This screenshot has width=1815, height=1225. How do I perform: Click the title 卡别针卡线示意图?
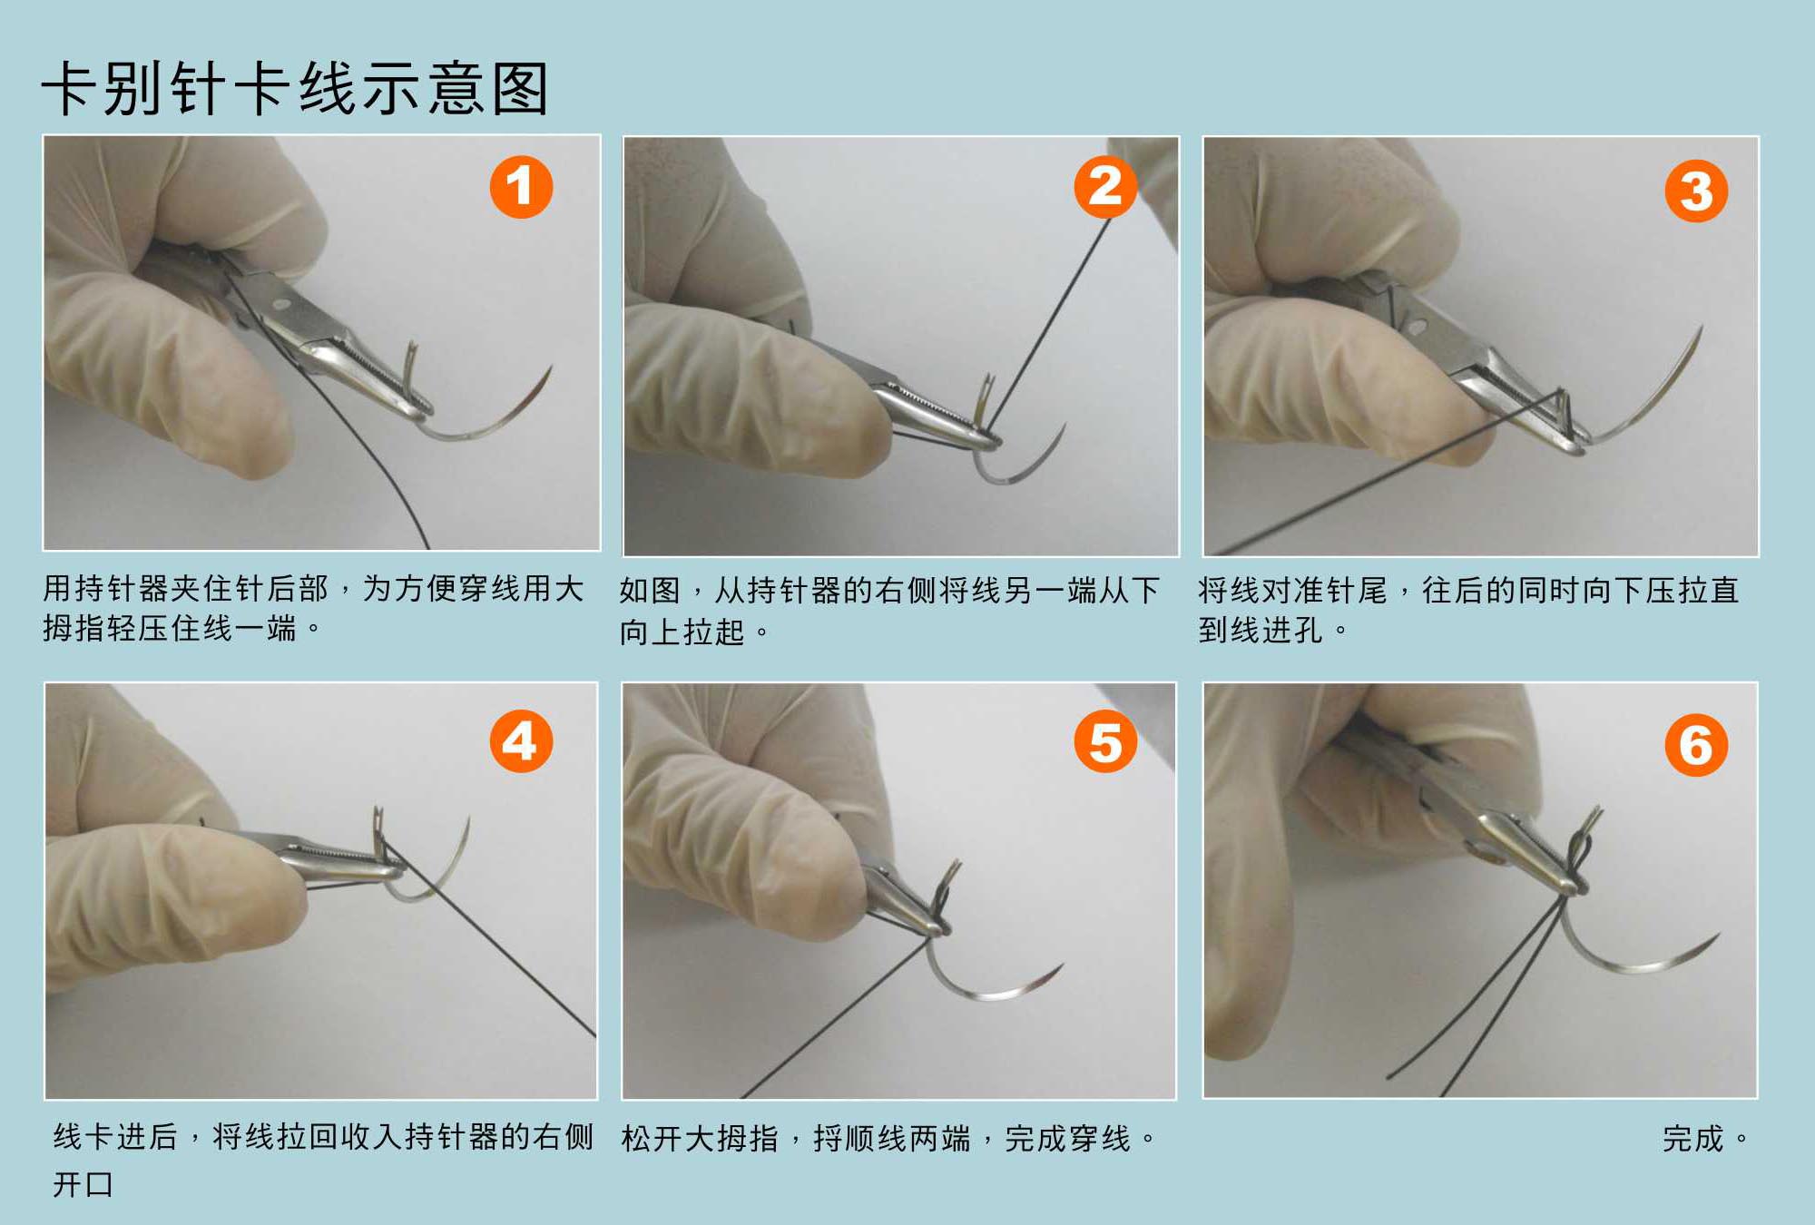[x=295, y=89]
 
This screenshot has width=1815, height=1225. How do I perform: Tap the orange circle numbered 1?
[x=521, y=187]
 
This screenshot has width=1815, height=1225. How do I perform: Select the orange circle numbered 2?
[x=1105, y=187]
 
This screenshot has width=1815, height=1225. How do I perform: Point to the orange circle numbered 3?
[x=1696, y=191]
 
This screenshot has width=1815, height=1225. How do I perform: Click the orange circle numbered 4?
[x=521, y=741]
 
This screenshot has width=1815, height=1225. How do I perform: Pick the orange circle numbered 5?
[x=1105, y=741]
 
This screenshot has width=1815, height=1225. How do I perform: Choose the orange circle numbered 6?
[x=1696, y=745]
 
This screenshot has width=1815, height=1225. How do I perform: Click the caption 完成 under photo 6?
[x=1693, y=1138]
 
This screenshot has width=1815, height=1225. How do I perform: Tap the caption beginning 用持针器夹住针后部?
[x=313, y=608]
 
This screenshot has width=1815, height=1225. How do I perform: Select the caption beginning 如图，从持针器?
[x=889, y=610]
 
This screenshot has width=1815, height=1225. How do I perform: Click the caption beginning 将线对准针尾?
[x=1468, y=610]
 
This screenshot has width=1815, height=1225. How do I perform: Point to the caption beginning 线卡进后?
[x=323, y=1160]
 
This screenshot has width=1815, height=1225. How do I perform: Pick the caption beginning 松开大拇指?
[x=889, y=1138]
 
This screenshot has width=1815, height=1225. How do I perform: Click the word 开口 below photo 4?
[x=83, y=1184]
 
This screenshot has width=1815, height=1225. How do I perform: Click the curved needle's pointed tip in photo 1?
[x=551, y=367]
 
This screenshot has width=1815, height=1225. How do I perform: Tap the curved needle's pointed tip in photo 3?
[x=1702, y=328]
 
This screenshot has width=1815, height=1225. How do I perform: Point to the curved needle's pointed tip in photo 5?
[x=1061, y=965]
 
